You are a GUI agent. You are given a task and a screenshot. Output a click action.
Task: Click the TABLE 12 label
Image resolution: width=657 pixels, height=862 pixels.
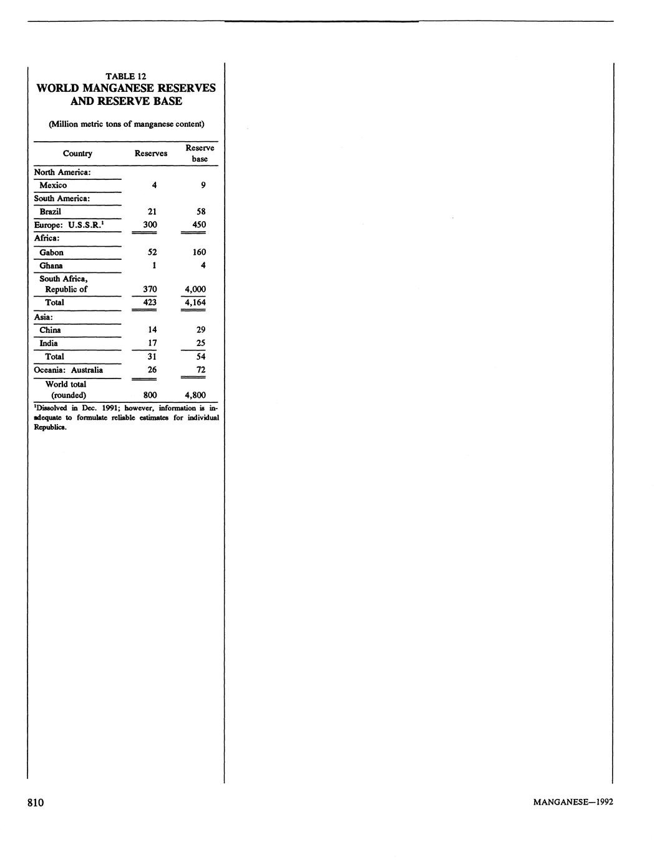[x=126, y=76]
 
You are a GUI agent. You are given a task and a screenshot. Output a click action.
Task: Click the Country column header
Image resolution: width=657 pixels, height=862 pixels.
[x=77, y=154]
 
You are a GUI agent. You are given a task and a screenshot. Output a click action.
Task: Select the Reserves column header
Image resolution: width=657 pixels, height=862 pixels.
[x=151, y=154]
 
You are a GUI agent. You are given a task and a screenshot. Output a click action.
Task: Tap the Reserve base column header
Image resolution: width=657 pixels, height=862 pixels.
[x=200, y=153]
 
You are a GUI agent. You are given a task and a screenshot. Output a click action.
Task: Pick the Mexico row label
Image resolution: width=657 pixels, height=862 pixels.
[x=53, y=186]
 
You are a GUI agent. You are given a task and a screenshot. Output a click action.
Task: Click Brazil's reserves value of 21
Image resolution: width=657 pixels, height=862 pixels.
[x=152, y=212]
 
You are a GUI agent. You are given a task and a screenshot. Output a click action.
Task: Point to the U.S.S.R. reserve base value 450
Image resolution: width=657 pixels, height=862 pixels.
[x=199, y=225]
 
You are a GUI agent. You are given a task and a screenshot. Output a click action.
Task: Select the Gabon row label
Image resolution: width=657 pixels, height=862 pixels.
[x=51, y=252]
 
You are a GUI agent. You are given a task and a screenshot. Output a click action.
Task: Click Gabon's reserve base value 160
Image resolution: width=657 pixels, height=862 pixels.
[x=199, y=252]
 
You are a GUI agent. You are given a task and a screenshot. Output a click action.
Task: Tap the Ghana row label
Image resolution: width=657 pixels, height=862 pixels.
[x=51, y=265]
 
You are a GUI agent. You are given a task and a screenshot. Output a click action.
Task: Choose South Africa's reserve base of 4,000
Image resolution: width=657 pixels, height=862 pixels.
[x=195, y=289]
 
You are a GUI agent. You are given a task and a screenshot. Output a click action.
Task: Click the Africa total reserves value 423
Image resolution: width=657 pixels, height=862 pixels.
[x=150, y=302]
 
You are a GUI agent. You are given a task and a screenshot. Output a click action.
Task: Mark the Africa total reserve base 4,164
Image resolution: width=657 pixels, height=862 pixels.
[x=195, y=302]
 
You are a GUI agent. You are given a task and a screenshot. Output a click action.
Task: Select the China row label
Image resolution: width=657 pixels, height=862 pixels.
[x=50, y=330]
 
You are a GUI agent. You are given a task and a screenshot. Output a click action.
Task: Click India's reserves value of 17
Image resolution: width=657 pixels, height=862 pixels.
[x=152, y=343]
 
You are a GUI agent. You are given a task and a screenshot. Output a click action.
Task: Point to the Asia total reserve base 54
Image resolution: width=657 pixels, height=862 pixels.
[x=200, y=357]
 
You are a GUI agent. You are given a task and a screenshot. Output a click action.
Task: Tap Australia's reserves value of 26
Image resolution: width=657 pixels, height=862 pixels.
[x=152, y=370]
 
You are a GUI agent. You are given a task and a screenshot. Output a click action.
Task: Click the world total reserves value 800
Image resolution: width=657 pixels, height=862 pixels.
[x=150, y=395]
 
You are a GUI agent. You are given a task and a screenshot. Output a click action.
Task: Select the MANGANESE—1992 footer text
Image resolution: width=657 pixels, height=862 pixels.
[x=573, y=802]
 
